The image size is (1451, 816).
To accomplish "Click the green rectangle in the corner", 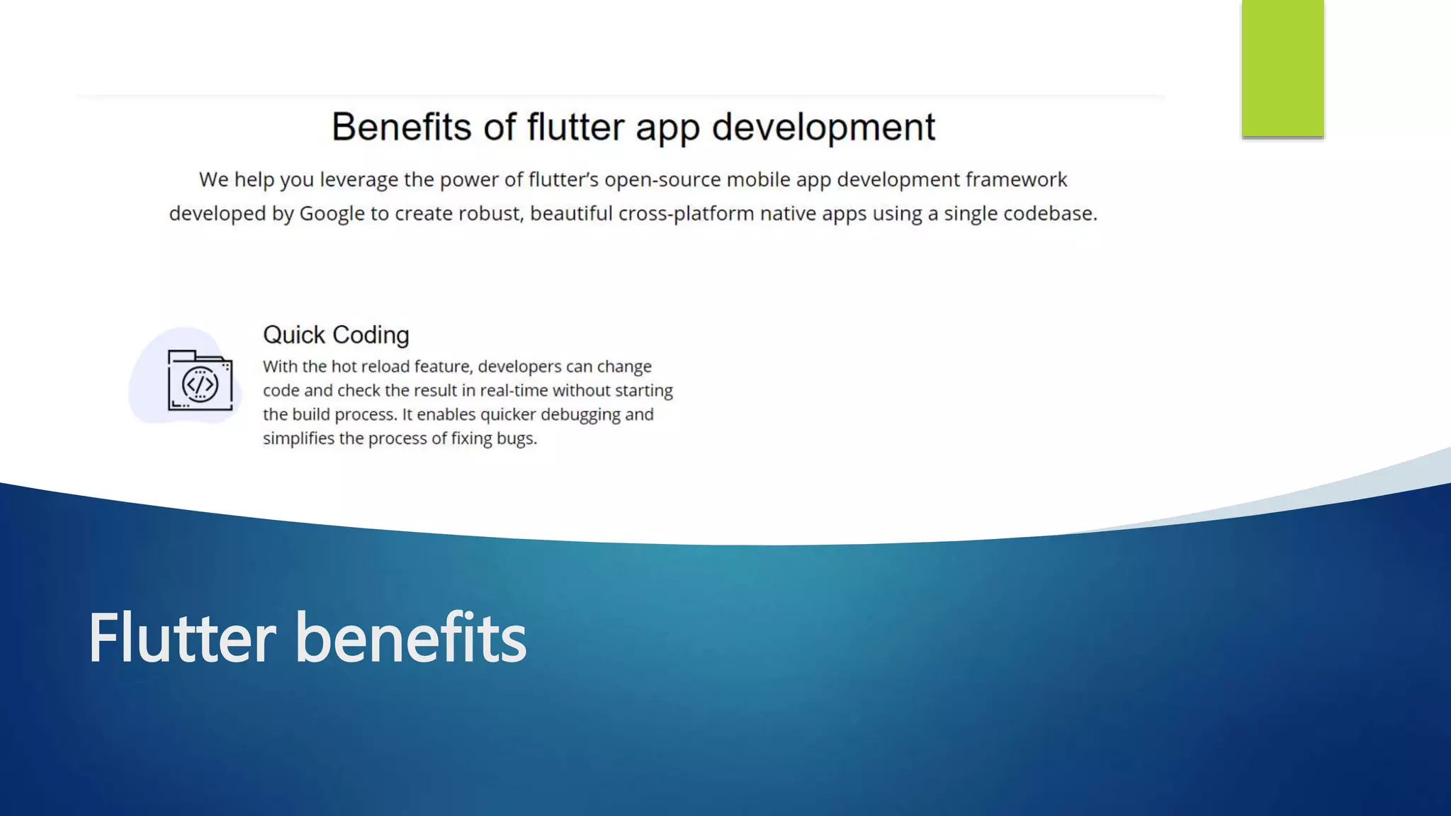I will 1282,68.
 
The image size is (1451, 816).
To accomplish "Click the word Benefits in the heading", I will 401,127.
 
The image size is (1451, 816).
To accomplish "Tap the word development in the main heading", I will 823,127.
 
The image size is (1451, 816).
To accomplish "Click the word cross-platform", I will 686,214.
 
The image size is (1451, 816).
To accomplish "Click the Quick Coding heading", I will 336,335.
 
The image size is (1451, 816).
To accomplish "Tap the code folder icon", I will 200,380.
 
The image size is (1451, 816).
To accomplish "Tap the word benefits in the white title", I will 410,638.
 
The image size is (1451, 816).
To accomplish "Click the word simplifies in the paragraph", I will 298,439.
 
